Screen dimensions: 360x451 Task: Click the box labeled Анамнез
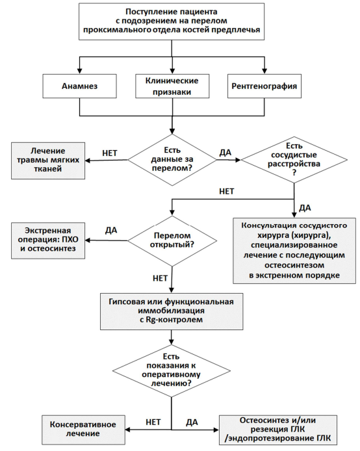coord(80,86)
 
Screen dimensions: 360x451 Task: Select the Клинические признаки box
coord(172,86)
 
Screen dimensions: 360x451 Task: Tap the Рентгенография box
coord(264,86)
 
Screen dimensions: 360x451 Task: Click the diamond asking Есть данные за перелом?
coord(172,160)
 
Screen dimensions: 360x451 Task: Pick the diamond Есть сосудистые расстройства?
coord(294,160)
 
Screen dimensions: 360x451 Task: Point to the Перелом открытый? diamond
coord(172,240)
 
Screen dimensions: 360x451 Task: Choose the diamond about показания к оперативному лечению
coord(172,370)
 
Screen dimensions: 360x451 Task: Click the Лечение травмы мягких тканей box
coord(48,161)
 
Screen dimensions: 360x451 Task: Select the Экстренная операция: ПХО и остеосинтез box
coord(48,240)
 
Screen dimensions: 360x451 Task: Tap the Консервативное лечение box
coord(83,430)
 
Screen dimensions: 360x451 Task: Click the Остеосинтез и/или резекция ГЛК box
coord(278,430)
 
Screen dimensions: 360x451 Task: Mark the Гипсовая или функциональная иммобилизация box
coord(172,311)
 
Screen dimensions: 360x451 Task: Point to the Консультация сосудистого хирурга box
coord(294,251)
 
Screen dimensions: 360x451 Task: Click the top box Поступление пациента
coord(172,21)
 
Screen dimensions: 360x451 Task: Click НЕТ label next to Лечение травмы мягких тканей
coord(110,153)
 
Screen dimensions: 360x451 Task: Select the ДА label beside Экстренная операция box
coord(111,231)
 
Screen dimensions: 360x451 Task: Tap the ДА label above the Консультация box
coord(305,208)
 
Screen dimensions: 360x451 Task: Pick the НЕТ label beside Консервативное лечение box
coord(153,422)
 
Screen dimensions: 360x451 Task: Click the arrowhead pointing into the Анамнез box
coord(80,71)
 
